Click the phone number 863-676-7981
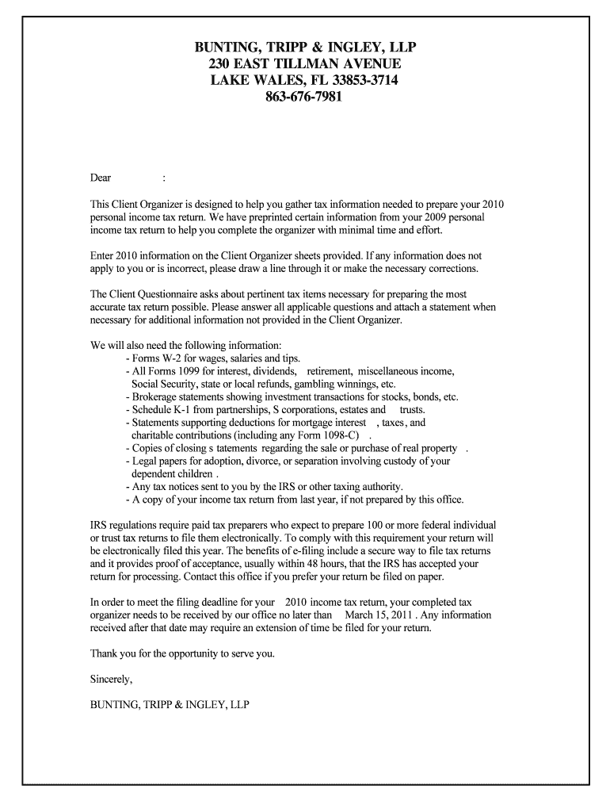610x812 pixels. click(x=305, y=98)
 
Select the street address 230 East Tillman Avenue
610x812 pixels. click(x=305, y=63)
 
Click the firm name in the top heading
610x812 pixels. click(x=305, y=45)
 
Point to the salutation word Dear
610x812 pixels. click(x=101, y=178)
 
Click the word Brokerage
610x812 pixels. click(x=155, y=397)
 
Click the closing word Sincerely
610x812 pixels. click(x=112, y=679)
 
